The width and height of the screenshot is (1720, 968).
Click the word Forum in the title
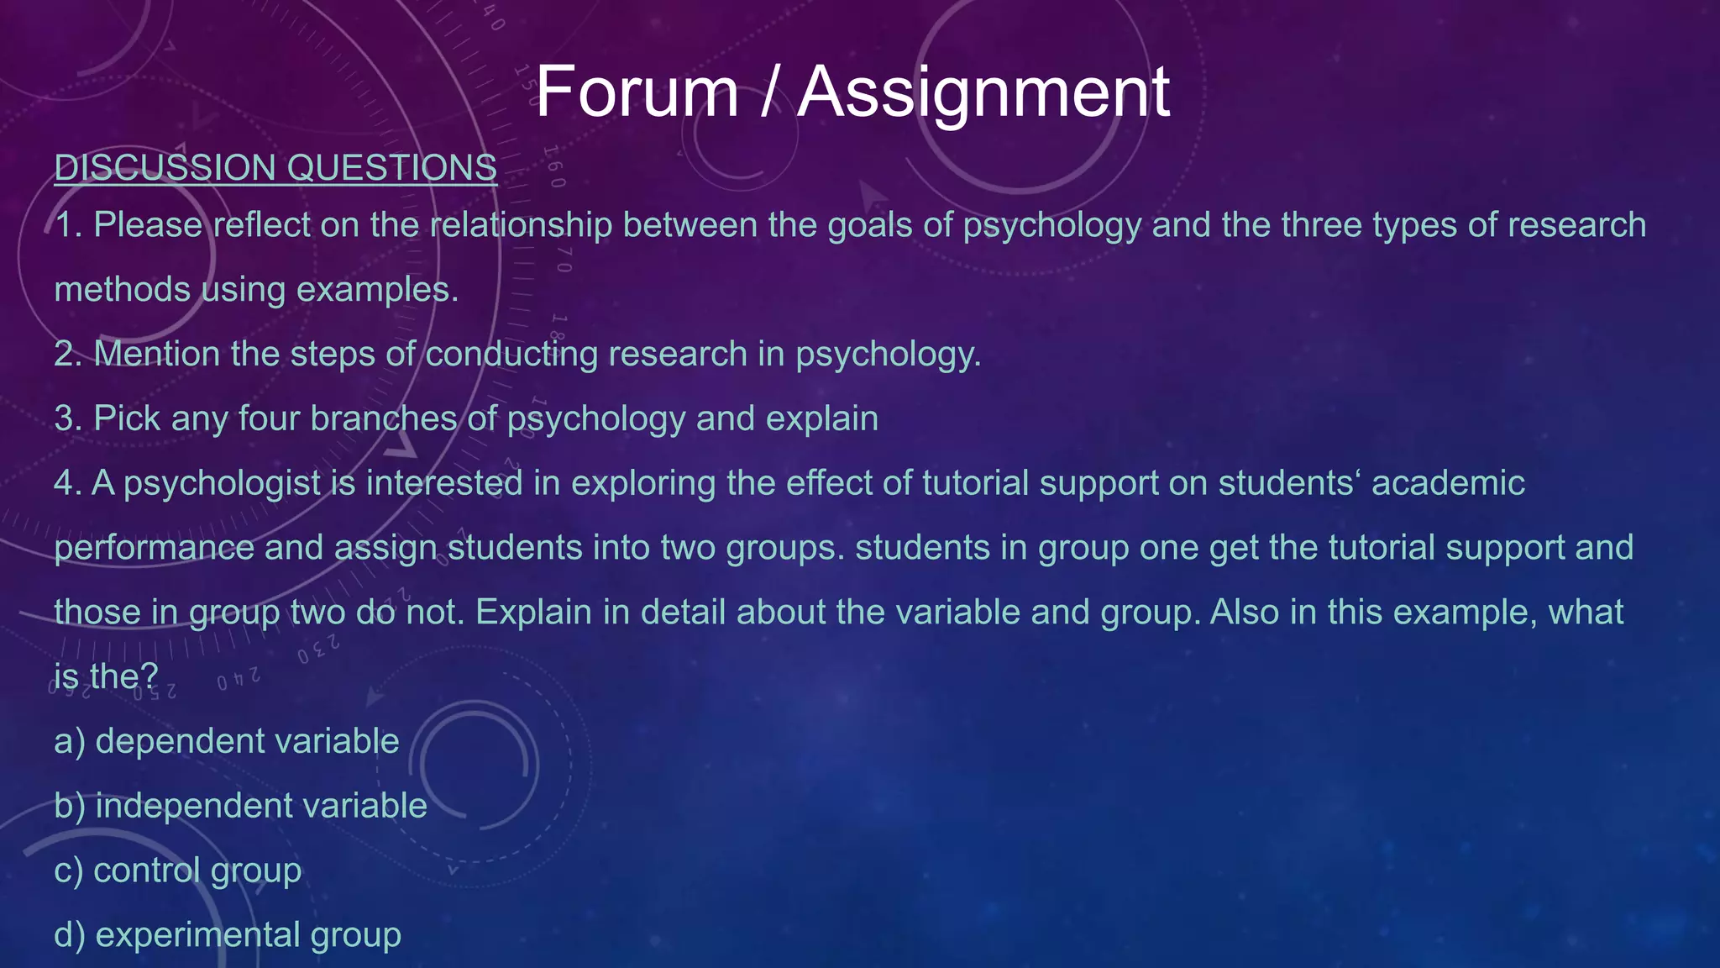pyautogui.click(x=637, y=92)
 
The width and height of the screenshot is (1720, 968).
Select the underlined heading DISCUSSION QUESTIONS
pyautogui.click(x=275, y=168)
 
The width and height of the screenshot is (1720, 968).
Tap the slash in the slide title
pyautogui.click(x=768, y=92)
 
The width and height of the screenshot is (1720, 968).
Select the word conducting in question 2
pyautogui.click(x=511, y=354)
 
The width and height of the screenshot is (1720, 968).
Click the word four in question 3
pyautogui.click(x=269, y=418)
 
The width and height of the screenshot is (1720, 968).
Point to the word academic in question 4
pyautogui.click(x=1448, y=483)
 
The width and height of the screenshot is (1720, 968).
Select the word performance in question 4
pyautogui.click(x=154, y=548)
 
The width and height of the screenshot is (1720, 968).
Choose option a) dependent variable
pyautogui.click(x=227, y=741)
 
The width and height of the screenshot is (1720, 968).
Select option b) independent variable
pyautogui.click(x=240, y=806)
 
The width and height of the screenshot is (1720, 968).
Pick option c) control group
pyautogui.click(x=177, y=871)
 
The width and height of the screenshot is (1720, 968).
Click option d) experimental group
pyautogui.click(x=227, y=934)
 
